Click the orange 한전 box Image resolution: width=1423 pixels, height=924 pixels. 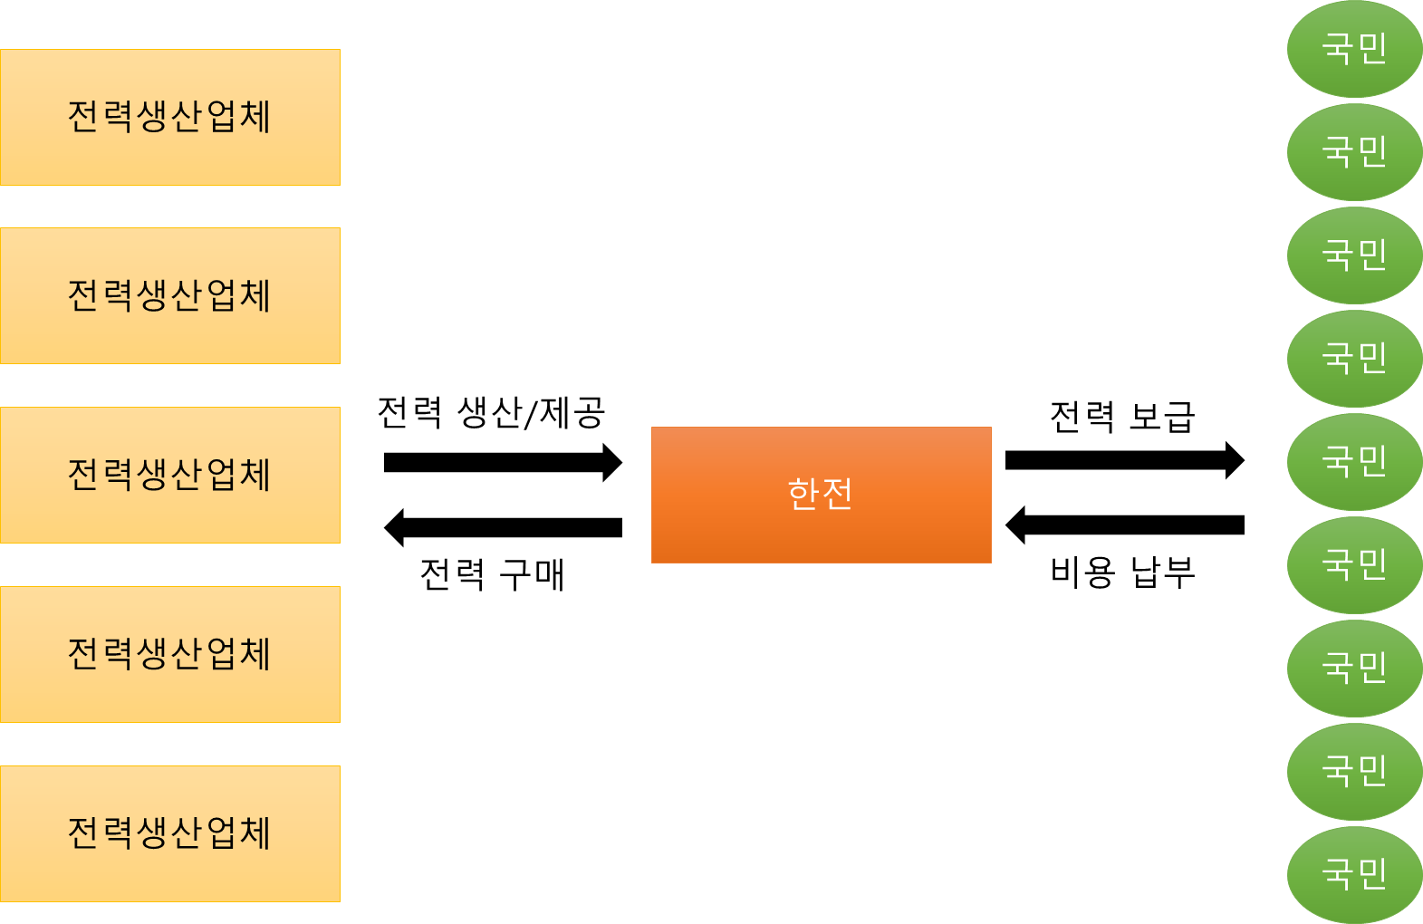[821, 495]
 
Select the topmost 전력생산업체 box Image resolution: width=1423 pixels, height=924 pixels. [170, 117]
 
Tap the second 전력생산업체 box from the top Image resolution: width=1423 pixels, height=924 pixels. [170, 295]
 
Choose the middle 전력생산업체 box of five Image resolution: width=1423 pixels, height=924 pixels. [170, 475]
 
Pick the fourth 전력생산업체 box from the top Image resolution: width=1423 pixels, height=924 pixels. [170, 654]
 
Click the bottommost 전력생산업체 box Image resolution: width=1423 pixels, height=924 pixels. [170, 833]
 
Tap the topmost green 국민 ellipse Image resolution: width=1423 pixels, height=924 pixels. [1354, 49]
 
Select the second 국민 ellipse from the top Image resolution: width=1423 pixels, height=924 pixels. [1354, 152]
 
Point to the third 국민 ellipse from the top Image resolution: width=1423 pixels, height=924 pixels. [1354, 255]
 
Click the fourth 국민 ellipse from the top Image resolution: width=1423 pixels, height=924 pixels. [1354, 359]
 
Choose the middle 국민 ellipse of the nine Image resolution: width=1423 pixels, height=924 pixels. [1354, 462]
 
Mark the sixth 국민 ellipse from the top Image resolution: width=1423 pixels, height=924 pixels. [1354, 565]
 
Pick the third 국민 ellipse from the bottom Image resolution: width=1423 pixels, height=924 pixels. [1354, 669]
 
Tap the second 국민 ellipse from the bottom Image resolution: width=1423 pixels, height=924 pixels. [1354, 772]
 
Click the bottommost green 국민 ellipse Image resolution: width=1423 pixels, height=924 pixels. [1354, 875]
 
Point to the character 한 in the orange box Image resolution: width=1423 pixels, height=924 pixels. [803, 495]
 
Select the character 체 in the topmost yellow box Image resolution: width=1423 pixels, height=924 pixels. [255, 117]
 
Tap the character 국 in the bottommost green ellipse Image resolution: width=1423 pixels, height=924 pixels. [1337, 874]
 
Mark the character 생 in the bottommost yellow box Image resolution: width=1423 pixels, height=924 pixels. [153, 833]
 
